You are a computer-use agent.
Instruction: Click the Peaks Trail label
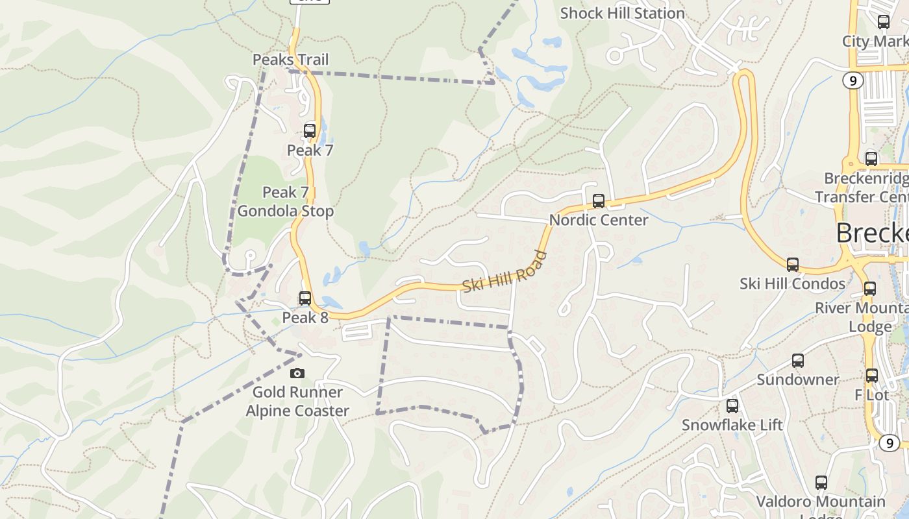pyautogui.click(x=290, y=60)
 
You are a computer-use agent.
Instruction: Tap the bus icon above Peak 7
pyautogui.click(x=310, y=130)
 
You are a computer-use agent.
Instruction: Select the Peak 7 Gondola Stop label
pyautogui.click(x=286, y=202)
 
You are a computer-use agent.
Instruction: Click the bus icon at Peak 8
pyautogui.click(x=305, y=298)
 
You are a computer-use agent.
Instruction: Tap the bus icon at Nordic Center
pyautogui.click(x=599, y=201)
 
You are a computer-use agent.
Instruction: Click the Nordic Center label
pyautogui.click(x=599, y=220)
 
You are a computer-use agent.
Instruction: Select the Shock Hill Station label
pyautogui.click(x=622, y=13)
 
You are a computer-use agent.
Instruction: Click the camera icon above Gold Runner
pyautogui.click(x=297, y=373)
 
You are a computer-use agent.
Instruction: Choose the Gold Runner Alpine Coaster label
pyautogui.click(x=297, y=402)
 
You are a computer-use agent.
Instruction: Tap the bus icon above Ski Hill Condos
pyautogui.click(x=793, y=265)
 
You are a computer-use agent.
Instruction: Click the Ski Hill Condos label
pyautogui.click(x=793, y=284)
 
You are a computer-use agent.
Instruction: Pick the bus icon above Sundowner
pyautogui.click(x=798, y=361)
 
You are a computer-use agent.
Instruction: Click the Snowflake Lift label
pyautogui.click(x=732, y=425)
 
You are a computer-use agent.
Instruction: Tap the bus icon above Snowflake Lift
pyautogui.click(x=732, y=406)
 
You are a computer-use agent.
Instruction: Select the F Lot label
pyautogui.click(x=871, y=394)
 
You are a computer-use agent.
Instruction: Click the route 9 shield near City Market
pyautogui.click(x=853, y=80)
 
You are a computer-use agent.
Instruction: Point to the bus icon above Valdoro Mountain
pyautogui.click(x=821, y=483)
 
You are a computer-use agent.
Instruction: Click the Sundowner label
pyautogui.click(x=798, y=380)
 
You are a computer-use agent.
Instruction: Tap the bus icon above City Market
pyautogui.click(x=884, y=22)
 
